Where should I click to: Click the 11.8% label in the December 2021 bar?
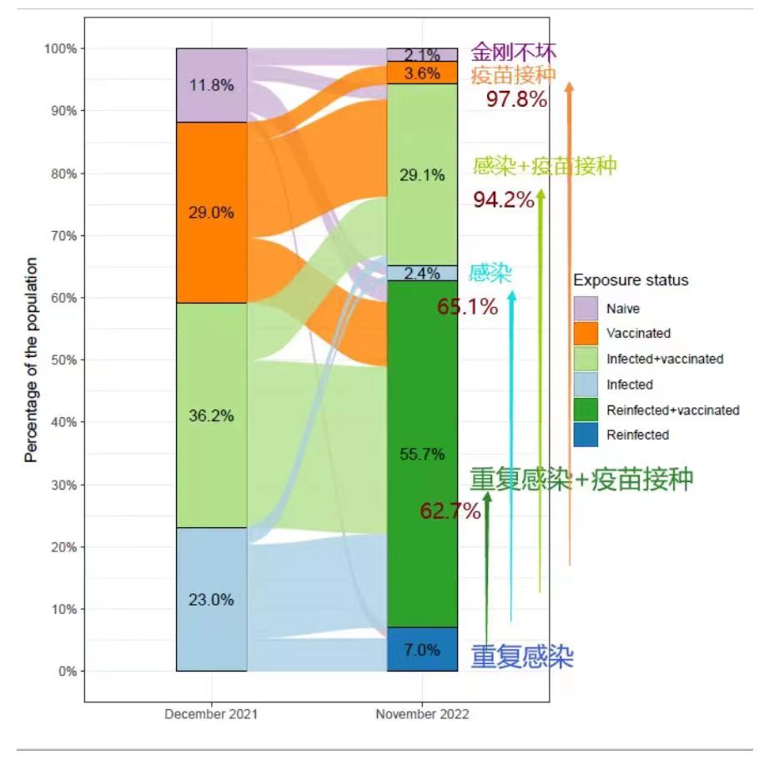(x=211, y=85)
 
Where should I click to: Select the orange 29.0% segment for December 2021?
(x=211, y=213)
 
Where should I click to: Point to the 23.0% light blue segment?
(x=211, y=600)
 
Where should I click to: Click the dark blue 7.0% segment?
(x=422, y=650)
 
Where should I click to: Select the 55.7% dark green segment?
(x=422, y=455)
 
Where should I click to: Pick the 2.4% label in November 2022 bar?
(x=422, y=273)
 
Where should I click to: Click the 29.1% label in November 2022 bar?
(x=422, y=176)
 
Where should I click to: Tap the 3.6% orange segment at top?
(x=422, y=73)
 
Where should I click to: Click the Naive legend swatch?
(x=586, y=308)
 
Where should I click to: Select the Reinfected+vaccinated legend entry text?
(x=672, y=410)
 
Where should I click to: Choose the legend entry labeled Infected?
(x=630, y=385)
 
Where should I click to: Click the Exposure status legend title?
(x=631, y=279)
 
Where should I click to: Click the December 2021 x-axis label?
(x=211, y=715)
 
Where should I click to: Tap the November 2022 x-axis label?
(x=422, y=715)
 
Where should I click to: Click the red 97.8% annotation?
(x=516, y=100)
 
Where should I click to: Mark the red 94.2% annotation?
(x=503, y=200)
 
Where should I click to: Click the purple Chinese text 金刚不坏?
(x=513, y=52)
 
